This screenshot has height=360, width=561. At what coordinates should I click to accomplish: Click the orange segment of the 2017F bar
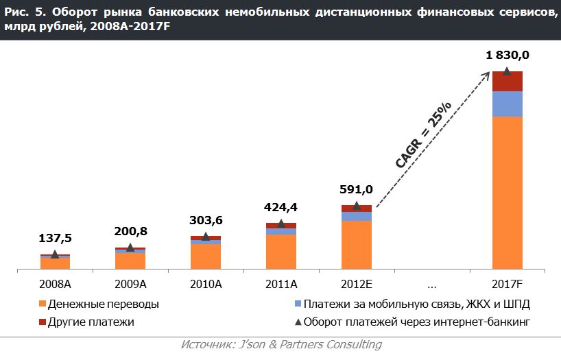508,192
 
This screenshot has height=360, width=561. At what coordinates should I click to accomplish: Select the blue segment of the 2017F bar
508,104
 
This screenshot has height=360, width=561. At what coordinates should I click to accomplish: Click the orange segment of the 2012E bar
357,244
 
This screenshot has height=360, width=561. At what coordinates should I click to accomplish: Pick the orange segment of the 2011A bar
281,251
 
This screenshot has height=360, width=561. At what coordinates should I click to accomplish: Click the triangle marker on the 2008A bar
55,254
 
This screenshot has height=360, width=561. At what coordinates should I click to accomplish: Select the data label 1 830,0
508,56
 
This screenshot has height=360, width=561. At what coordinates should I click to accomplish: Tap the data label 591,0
357,189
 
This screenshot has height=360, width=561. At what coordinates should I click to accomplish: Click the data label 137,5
55,238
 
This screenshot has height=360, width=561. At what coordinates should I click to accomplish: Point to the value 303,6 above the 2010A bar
206,220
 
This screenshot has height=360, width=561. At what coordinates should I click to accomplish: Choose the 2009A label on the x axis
130,283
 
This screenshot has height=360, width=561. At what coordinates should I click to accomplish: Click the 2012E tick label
357,283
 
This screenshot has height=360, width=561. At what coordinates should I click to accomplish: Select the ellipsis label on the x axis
432,283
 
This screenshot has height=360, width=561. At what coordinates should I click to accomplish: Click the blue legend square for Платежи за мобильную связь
298,304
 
